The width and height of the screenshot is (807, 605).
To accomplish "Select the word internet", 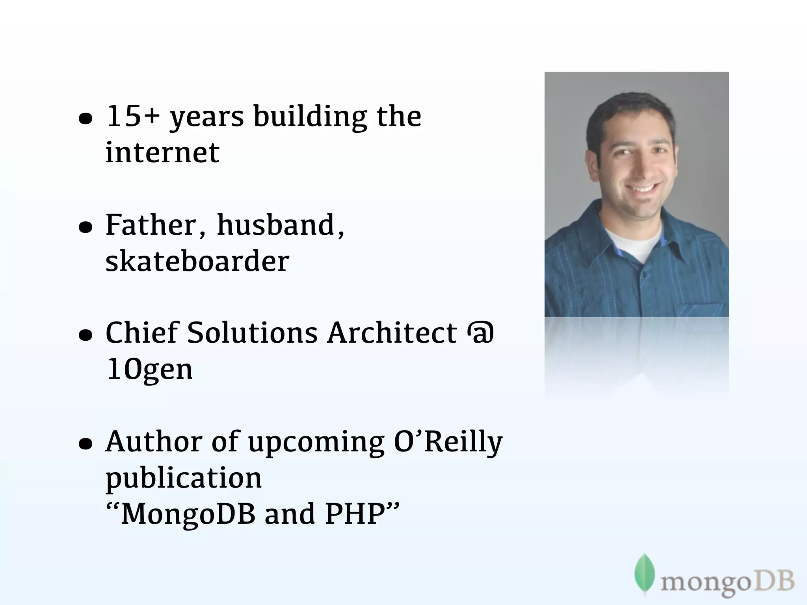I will [x=162, y=152].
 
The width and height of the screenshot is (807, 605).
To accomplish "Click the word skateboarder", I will [x=197, y=261].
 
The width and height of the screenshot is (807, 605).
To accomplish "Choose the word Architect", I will [x=392, y=333].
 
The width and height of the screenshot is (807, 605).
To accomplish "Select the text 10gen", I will [x=149, y=369].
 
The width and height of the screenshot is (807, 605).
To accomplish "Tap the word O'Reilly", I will [x=448, y=442].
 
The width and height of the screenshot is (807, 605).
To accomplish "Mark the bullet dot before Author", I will [x=86, y=444].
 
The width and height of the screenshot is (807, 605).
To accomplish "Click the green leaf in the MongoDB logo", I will [x=645, y=573].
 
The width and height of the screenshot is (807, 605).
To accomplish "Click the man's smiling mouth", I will [x=642, y=187].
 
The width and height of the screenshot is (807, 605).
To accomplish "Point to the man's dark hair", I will [x=630, y=108].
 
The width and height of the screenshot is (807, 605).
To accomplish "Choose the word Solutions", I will [x=252, y=333].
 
